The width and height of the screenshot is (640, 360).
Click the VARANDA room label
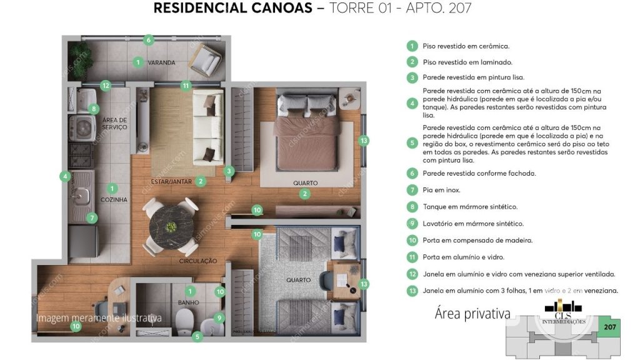point(161,63)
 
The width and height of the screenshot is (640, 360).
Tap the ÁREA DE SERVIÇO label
point(114,123)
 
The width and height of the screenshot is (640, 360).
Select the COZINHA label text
point(114,199)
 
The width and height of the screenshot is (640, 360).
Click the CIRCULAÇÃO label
point(197,261)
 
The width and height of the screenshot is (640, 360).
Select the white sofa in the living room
point(207,126)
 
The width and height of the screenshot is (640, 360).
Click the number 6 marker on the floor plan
point(148,40)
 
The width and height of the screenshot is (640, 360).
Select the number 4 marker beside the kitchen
point(65,176)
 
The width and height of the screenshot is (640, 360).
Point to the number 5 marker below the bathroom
point(197,336)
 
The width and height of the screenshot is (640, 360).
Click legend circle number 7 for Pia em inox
point(411,190)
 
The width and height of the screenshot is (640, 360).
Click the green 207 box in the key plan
point(609,327)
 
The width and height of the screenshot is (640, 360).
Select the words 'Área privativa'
point(472,314)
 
